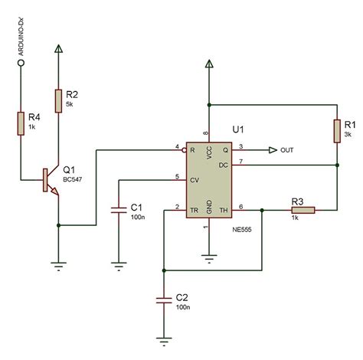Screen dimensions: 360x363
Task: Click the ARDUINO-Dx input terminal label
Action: pyautogui.click(x=23, y=43)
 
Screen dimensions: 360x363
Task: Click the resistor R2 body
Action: pyautogui.click(x=59, y=100)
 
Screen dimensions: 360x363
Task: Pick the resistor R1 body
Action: pyautogui.click(x=337, y=131)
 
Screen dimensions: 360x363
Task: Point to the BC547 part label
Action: pyautogui.click(x=74, y=180)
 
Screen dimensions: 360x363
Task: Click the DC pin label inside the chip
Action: pyautogui.click(x=224, y=164)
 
